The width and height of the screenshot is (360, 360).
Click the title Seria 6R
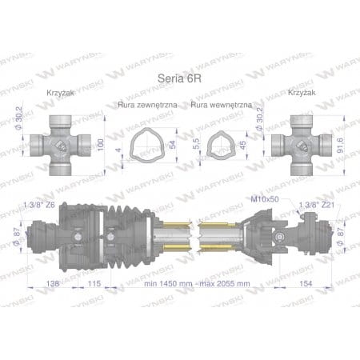tap(178, 78)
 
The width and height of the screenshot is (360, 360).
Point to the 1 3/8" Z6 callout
tap(39, 204)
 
